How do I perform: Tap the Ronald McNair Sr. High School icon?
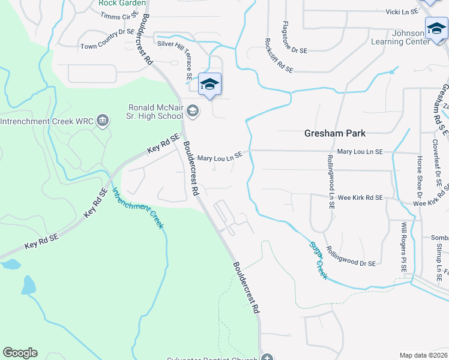pyautogui.click(x=193, y=110)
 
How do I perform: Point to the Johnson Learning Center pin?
pyautogui.click(x=436, y=29)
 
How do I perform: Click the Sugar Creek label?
pyautogui.click(x=318, y=260)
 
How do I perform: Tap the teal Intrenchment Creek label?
pyautogui.click(x=137, y=208)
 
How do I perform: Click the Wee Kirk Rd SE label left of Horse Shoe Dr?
pyautogui.click(x=360, y=197)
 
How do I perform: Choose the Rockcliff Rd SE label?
pyautogui.click(x=279, y=56)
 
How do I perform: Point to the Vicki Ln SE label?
pyautogui.click(x=418, y=11)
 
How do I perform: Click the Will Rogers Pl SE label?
pyautogui.click(x=404, y=247)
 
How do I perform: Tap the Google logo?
pyautogui.click(x=20, y=353)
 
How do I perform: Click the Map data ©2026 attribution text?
pyautogui.click(x=423, y=355)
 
